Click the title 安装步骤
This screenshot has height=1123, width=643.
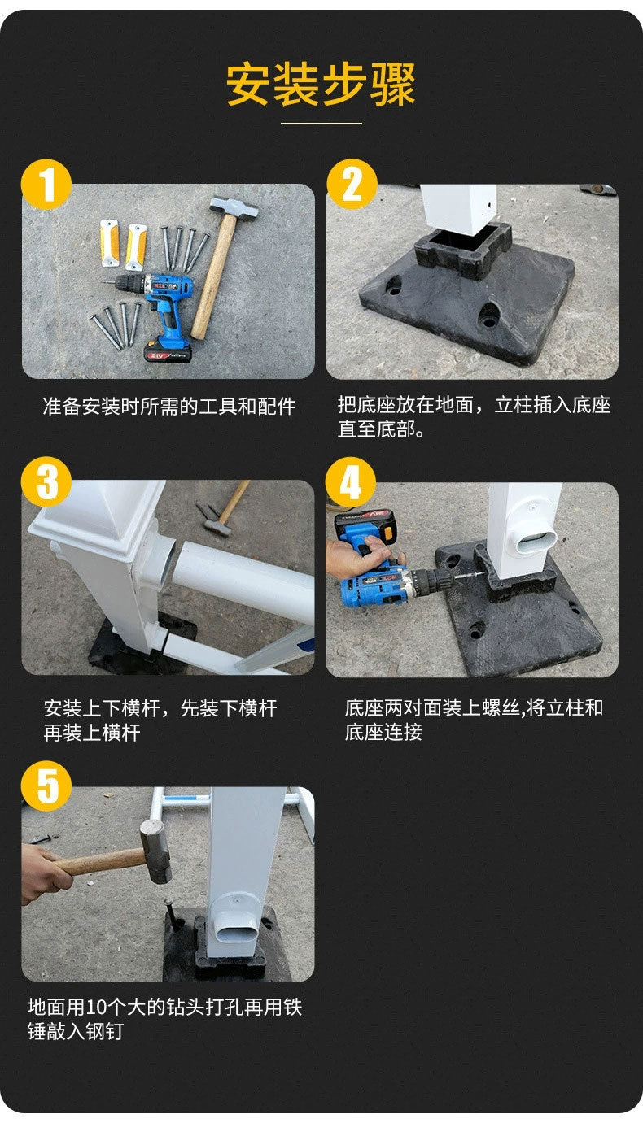point(321,84)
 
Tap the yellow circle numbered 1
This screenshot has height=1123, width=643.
point(46,185)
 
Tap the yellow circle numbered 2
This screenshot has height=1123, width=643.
point(352,185)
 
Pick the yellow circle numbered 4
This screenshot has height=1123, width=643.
point(351,482)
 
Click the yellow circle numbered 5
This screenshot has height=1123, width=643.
point(46,787)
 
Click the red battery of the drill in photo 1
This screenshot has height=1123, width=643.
point(167,352)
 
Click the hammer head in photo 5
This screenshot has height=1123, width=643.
point(154,851)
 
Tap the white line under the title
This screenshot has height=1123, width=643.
point(321,124)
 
